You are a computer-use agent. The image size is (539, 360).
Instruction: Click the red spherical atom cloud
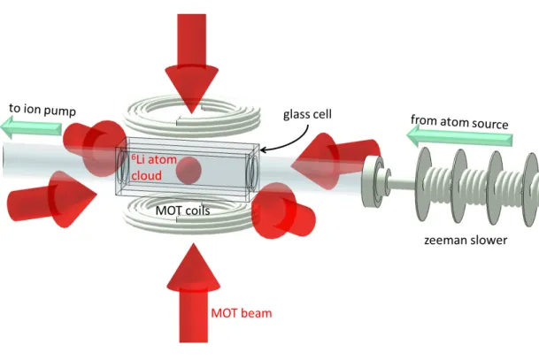(x=189, y=171)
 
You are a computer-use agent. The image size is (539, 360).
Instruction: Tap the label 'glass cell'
(x=307, y=114)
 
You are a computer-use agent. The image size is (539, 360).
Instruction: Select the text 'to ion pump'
(x=42, y=110)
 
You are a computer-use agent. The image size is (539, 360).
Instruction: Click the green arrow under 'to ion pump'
(x=31, y=126)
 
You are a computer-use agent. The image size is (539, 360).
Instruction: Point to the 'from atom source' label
(x=459, y=122)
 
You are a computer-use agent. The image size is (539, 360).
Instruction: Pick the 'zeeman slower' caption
(x=466, y=240)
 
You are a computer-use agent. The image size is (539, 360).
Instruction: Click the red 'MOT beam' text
(x=242, y=313)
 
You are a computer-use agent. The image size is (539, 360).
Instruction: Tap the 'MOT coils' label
(x=182, y=211)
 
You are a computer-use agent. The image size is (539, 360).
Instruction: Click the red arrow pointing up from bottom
(x=193, y=293)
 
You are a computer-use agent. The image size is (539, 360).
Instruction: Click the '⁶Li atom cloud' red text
(x=154, y=168)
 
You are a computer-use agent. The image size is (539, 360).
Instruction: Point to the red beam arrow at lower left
(x=51, y=200)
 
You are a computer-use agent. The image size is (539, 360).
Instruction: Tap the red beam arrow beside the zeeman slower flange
(x=335, y=161)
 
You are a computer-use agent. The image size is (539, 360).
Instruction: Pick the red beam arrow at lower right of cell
(x=283, y=211)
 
